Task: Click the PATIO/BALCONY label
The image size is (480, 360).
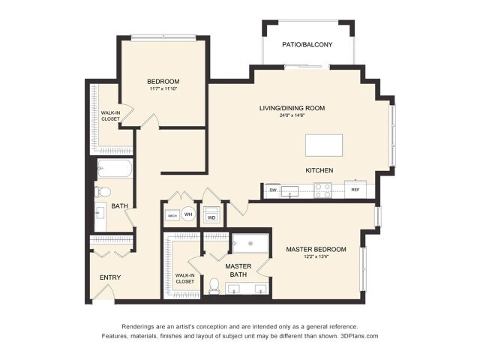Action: point(307,45)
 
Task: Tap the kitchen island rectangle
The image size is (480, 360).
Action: point(323,145)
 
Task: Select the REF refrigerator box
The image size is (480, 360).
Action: point(355,190)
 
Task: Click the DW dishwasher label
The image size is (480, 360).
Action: point(273,190)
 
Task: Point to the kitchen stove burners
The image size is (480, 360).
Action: point(322,191)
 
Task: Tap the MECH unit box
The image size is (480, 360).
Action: point(172,215)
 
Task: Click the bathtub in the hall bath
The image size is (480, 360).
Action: point(115,169)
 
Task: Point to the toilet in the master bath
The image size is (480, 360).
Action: point(214,285)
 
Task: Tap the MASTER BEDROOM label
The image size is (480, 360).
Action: point(316,249)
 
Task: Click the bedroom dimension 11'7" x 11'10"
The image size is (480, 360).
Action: point(163,89)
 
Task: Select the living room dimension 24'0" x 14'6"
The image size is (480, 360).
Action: point(292,115)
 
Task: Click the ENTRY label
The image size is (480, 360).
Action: point(110,277)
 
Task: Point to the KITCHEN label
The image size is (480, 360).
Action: point(319,170)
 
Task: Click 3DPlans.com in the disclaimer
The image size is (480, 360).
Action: point(357,336)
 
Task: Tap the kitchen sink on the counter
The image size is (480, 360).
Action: point(297,191)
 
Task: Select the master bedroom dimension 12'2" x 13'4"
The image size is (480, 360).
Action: point(316,257)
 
